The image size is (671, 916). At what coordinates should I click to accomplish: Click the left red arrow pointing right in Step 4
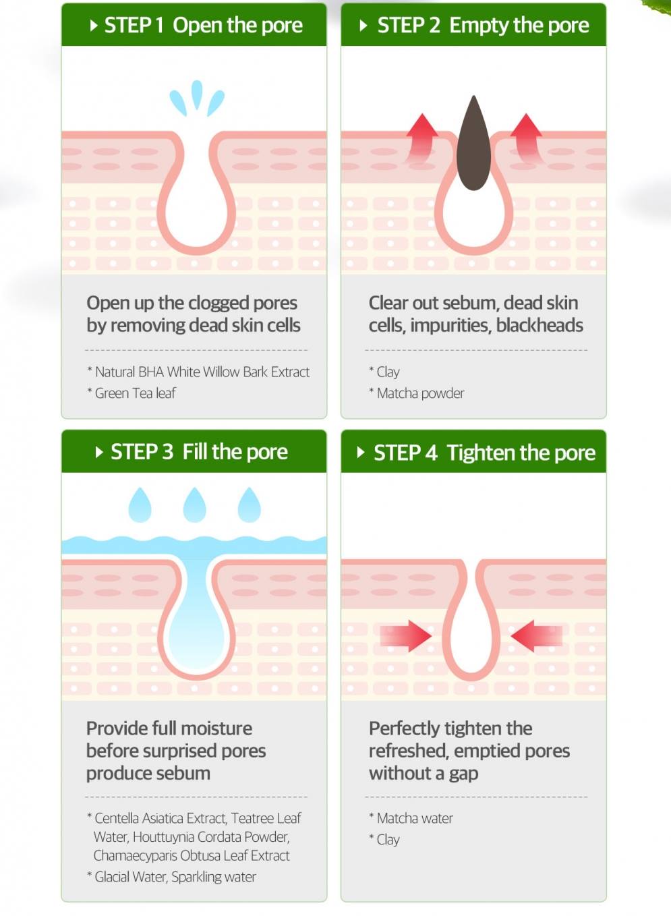405,636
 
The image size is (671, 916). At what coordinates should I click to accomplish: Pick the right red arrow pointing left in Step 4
536,636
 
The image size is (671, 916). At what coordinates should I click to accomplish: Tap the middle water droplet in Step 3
195,505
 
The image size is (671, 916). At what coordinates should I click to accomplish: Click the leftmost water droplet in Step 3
140,505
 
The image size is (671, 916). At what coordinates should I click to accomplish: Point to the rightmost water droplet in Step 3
250,505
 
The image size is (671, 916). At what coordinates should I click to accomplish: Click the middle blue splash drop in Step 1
197,94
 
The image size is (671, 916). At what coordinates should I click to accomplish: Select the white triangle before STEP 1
94,26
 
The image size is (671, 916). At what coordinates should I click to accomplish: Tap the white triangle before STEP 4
361,453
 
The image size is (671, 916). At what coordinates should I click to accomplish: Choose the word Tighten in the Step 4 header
482,453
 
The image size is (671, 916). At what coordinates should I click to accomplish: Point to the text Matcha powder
420,393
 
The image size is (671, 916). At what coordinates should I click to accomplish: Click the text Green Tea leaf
136,393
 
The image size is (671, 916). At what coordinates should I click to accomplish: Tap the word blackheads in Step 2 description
539,326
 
